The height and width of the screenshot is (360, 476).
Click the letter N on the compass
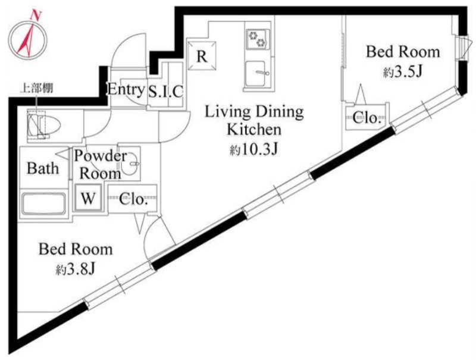coord(36,15)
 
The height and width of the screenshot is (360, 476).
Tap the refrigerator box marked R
coord(202,56)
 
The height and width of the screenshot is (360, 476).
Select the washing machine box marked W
coord(88,198)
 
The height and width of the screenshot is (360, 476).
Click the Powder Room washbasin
coord(130,164)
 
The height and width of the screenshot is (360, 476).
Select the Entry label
coord(126,89)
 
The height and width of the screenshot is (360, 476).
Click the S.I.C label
coord(166,91)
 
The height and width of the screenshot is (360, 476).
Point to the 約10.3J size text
coord(254,149)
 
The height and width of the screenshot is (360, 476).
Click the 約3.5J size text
coord(403,71)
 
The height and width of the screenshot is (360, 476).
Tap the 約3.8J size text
coord(76,268)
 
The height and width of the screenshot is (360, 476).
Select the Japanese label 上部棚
coord(36,88)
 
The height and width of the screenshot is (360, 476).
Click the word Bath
coord(43,168)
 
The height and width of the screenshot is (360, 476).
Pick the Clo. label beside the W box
coord(133,199)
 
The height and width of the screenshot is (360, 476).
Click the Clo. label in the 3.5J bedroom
coord(367,117)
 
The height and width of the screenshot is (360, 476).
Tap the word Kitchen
coord(254,130)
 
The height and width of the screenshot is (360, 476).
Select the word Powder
coord(100,156)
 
